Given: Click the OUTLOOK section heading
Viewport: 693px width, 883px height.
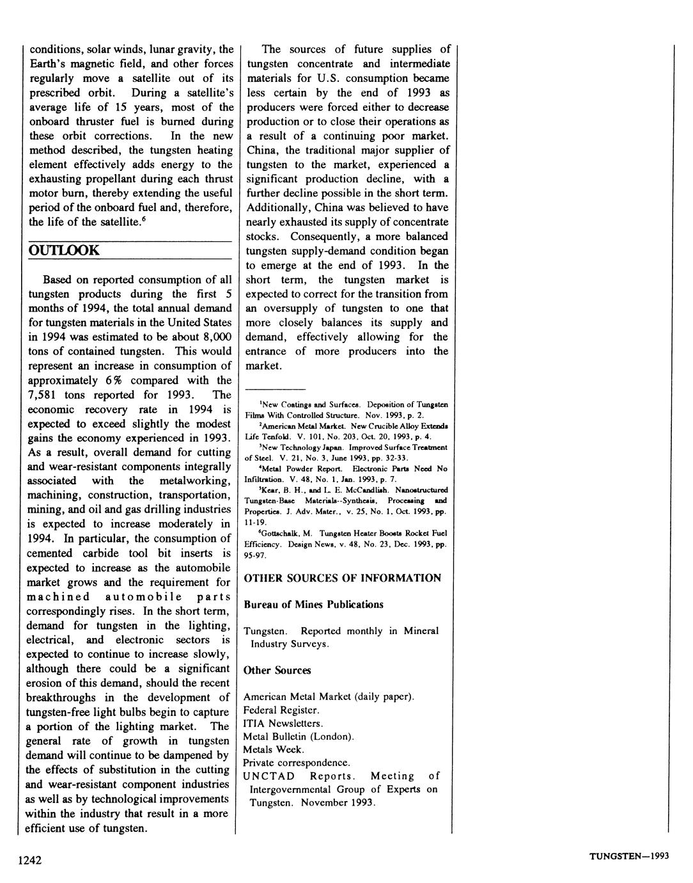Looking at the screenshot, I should point(64,250).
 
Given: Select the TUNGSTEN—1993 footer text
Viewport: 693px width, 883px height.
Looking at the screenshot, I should point(628,857).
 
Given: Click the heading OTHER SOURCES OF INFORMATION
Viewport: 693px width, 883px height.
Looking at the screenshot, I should point(343,578).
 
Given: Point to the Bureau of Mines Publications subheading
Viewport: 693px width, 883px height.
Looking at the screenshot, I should point(313,605).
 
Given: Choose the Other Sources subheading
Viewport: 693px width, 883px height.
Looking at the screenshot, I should point(277,671).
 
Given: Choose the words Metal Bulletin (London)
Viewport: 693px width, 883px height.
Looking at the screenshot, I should point(299,736).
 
